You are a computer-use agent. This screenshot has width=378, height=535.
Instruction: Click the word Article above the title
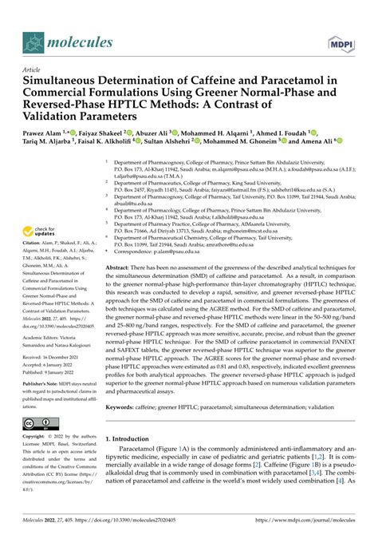coord(31,69)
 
